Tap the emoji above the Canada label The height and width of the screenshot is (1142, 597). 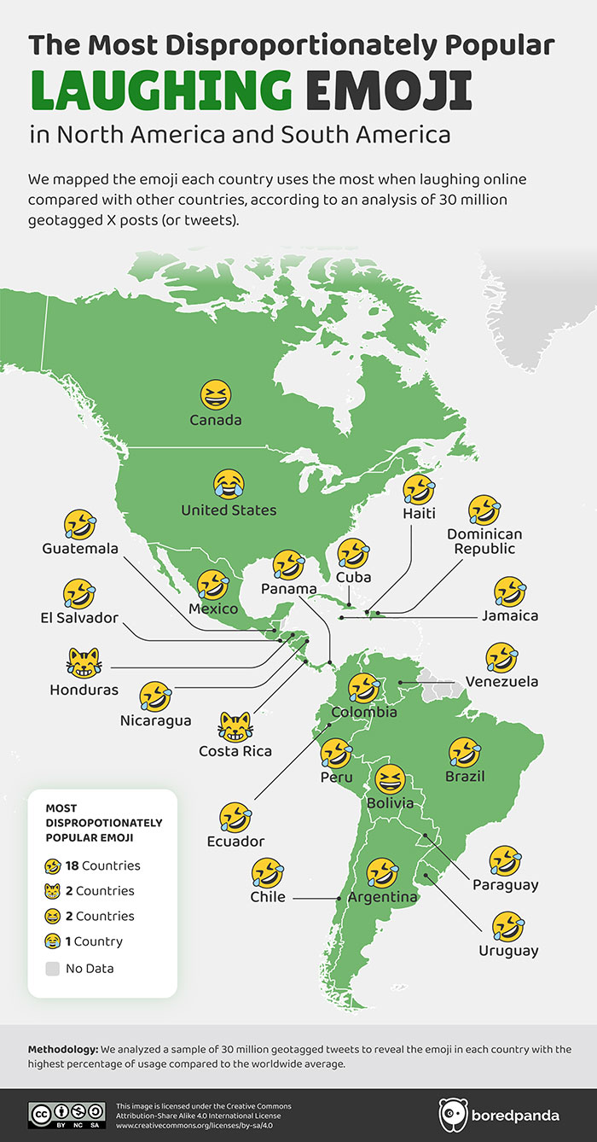tap(216, 395)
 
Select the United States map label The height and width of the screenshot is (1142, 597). tap(229, 510)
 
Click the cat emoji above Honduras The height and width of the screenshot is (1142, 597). tap(83, 662)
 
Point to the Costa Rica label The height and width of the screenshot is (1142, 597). tap(235, 751)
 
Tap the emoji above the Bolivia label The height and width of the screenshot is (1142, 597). tap(391, 779)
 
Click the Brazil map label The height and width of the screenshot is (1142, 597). tap(465, 777)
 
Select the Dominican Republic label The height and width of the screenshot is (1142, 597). tap(484, 541)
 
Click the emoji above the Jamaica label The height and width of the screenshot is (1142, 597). tap(510, 591)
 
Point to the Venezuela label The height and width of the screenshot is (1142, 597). tap(501, 682)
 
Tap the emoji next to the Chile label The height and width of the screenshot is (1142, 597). tap(268, 873)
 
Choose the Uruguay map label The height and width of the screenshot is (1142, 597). tap(508, 951)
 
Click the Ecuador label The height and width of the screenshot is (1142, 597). tap(235, 842)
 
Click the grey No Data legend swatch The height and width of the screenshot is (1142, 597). tap(53, 968)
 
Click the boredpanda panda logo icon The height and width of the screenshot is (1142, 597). tap(452, 1115)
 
